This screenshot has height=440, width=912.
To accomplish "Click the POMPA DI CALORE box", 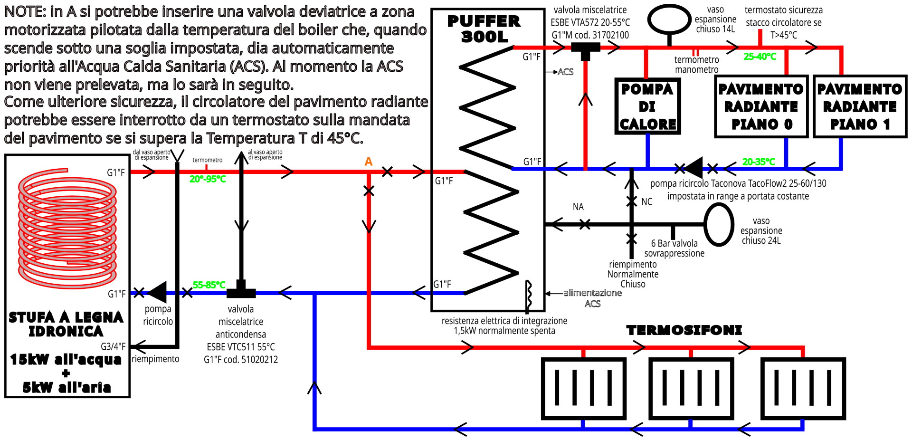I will [x=647, y=106].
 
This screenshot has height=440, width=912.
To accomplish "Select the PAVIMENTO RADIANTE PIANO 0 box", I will [x=761, y=106].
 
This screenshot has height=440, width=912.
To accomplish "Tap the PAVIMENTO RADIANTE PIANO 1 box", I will [x=860, y=106].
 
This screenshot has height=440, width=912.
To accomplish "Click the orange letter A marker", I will [x=369, y=162].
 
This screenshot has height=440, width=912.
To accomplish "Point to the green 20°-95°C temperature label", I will [x=208, y=179].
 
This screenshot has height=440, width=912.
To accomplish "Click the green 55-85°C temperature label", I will [x=209, y=285].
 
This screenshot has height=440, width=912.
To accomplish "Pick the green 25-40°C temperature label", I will [x=760, y=57].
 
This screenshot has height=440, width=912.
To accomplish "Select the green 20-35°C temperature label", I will [x=758, y=162].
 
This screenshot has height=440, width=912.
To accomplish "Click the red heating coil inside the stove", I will [x=67, y=228].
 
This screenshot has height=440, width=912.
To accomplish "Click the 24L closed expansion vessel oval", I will [x=719, y=224].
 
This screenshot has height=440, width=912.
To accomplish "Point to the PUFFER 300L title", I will [x=484, y=29].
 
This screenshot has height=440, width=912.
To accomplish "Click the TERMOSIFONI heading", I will [x=684, y=330].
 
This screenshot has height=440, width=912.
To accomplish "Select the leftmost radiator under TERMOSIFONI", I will [x=584, y=388].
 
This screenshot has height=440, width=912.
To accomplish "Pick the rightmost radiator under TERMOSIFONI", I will [x=803, y=388].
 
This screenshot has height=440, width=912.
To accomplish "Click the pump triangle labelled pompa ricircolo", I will [x=158, y=292].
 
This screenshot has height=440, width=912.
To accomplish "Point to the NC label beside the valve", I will [x=646, y=202].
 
